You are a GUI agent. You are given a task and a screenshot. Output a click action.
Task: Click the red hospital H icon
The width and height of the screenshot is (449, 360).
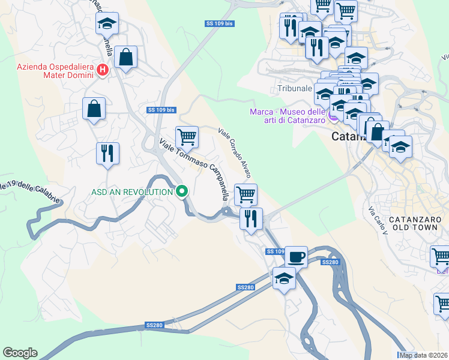coord(102,70)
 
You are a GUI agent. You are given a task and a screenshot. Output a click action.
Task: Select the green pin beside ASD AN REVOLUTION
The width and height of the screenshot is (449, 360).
coord(182,192)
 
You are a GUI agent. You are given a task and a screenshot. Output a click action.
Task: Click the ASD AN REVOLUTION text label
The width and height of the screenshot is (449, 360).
coord(131,192)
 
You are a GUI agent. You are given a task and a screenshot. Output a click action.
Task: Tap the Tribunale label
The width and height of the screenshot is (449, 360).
coord(295,88)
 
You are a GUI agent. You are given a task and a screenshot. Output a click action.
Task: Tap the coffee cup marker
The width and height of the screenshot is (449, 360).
coord(295,257)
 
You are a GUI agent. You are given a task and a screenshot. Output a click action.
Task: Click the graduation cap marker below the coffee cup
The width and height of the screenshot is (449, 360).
coord(284,278)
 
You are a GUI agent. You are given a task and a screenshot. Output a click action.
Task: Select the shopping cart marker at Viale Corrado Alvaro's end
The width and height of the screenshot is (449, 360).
coord(246,194)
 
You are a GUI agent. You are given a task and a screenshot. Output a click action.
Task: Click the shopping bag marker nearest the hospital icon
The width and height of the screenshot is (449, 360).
coord(126,58)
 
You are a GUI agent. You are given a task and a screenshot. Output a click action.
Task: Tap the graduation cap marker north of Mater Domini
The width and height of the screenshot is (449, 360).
coord(107,23)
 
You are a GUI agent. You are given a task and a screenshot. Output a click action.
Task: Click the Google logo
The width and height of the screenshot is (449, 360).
coord(20,353)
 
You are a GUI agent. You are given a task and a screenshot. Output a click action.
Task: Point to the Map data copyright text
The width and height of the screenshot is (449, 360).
coord(424,355)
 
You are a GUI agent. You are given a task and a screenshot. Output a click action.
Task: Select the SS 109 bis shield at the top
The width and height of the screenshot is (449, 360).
coord(219,23)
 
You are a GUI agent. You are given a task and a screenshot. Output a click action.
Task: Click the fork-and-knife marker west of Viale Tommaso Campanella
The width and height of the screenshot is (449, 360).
coord(107,153)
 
